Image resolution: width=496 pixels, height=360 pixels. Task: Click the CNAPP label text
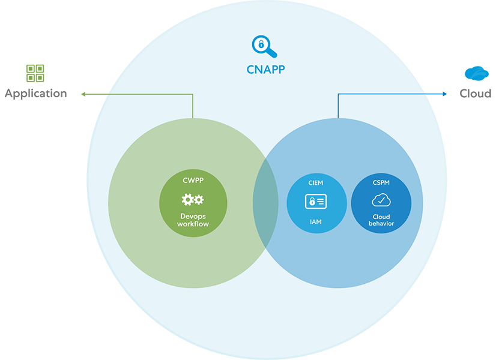pyautogui.click(x=265, y=70)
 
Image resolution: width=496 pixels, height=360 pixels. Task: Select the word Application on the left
pyautogui.click(x=36, y=94)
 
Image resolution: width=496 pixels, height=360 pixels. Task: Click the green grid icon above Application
pyautogui.click(x=35, y=73)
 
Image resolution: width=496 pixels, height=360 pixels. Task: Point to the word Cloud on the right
pyautogui.click(x=475, y=94)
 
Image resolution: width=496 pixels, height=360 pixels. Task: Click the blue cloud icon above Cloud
pyautogui.click(x=476, y=73)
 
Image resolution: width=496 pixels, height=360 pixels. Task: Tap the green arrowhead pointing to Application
pyautogui.click(x=84, y=94)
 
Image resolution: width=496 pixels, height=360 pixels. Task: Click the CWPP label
pyautogui.click(x=193, y=180)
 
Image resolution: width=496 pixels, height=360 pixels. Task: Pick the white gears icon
pyautogui.click(x=193, y=200)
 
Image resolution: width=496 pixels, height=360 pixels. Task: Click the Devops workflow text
pyautogui.click(x=193, y=220)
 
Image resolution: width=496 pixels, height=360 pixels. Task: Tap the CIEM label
pyautogui.click(x=316, y=182)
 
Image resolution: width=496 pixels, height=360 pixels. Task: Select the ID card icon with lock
pyautogui.click(x=316, y=202)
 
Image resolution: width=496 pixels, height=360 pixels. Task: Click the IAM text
pyautogui.click(x=316, y=222)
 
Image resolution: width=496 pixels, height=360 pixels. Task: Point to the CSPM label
pyautogui.click(x=381, y=182)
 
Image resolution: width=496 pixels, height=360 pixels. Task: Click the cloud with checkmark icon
pyautogui.click(x=381, y=200)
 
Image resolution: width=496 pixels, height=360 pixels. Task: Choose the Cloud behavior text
pyautogui.click(x=381, y=220)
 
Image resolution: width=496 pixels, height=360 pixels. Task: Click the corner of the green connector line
pyautogui.click(x=193, y=94)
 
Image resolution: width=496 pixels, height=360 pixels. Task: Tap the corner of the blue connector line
pyautogui.click(x=338, y=94)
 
